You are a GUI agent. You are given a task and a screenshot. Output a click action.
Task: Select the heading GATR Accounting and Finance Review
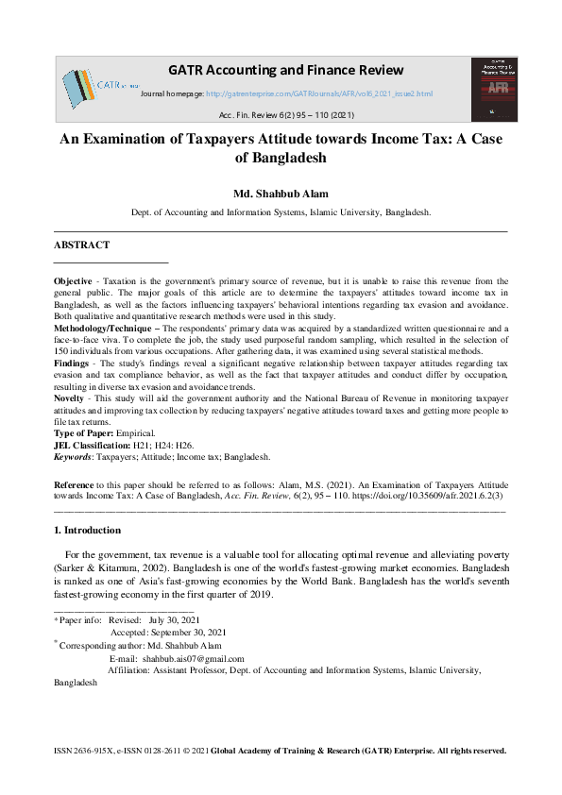(285, 70)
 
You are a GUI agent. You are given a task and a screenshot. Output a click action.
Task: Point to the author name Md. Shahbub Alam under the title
(281, 195)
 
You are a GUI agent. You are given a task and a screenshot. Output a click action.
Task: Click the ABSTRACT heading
(81, 245)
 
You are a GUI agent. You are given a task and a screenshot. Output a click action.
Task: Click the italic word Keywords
(74, 455)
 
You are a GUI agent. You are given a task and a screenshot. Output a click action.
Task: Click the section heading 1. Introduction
(88, 531)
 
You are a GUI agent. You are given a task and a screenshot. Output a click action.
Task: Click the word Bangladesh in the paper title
(281, 158)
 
